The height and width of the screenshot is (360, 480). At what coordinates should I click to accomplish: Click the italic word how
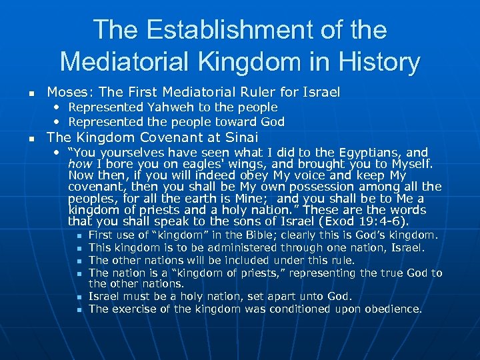coord(79,164)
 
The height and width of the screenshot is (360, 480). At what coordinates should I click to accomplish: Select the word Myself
coord(409,164)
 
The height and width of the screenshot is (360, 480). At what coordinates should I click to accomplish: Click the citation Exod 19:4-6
coord(367,221)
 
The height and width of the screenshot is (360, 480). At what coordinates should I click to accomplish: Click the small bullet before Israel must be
coord(79,297)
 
